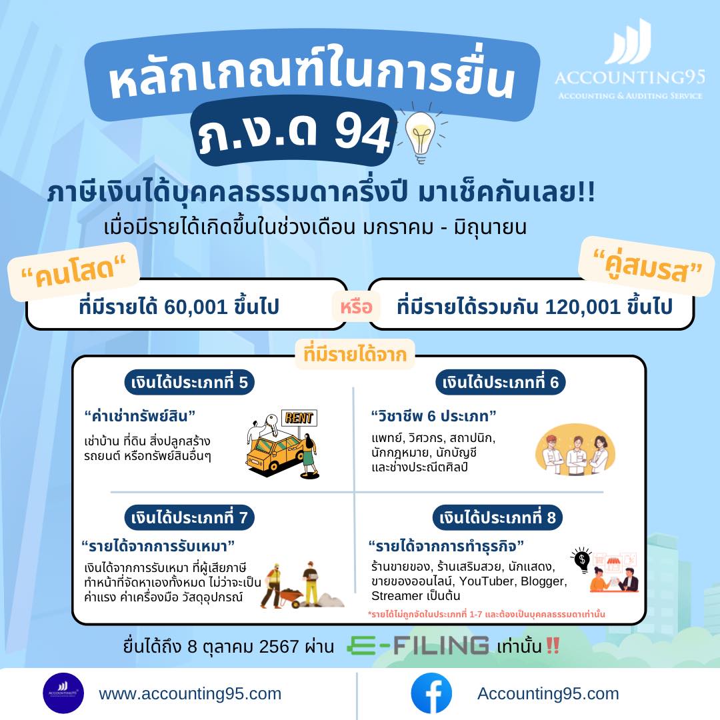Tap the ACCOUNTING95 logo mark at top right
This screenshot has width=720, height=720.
[629, 41]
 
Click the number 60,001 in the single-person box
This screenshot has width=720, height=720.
[195, 307]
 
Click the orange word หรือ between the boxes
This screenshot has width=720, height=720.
[356, 307]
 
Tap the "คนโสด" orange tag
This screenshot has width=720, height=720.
[74, 271]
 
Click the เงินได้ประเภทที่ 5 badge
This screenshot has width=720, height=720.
[189, 382]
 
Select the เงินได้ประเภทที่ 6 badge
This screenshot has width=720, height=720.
[501, 382]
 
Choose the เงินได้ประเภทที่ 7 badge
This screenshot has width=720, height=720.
[189, 517]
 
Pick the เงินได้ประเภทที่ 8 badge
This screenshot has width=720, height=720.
[497, 517]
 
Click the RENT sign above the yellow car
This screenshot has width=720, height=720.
[299, 418]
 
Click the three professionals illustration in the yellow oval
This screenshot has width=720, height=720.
[575, 449]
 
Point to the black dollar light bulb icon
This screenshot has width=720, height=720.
[582, 560]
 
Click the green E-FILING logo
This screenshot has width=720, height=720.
[418, 645]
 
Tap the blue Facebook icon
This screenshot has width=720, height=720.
[431, 693]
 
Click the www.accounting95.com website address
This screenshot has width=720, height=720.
[190, 693]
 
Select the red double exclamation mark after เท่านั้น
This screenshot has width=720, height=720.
[553, 645]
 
